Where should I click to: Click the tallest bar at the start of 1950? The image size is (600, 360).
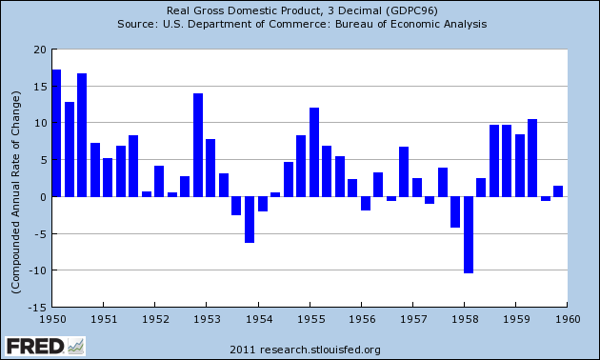(x=56, y=133)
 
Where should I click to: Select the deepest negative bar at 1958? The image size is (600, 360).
(x=469, y=234)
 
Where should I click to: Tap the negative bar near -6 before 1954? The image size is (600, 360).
(x=250, y=219)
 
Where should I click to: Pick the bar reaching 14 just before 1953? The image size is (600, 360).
(x=198, y=145)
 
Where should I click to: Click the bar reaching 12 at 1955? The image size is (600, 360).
(x=314, y=152)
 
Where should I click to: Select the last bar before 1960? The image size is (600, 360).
(x=558, y=191)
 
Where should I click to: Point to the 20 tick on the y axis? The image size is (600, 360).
(x=39, y=50)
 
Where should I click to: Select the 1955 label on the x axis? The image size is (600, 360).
(x=308, y=319)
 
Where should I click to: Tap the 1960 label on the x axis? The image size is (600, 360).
(x=565, y=319)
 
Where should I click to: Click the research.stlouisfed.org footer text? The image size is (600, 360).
(x=311, y=349)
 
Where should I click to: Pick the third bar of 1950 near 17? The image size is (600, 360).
(x=82, y=135)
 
